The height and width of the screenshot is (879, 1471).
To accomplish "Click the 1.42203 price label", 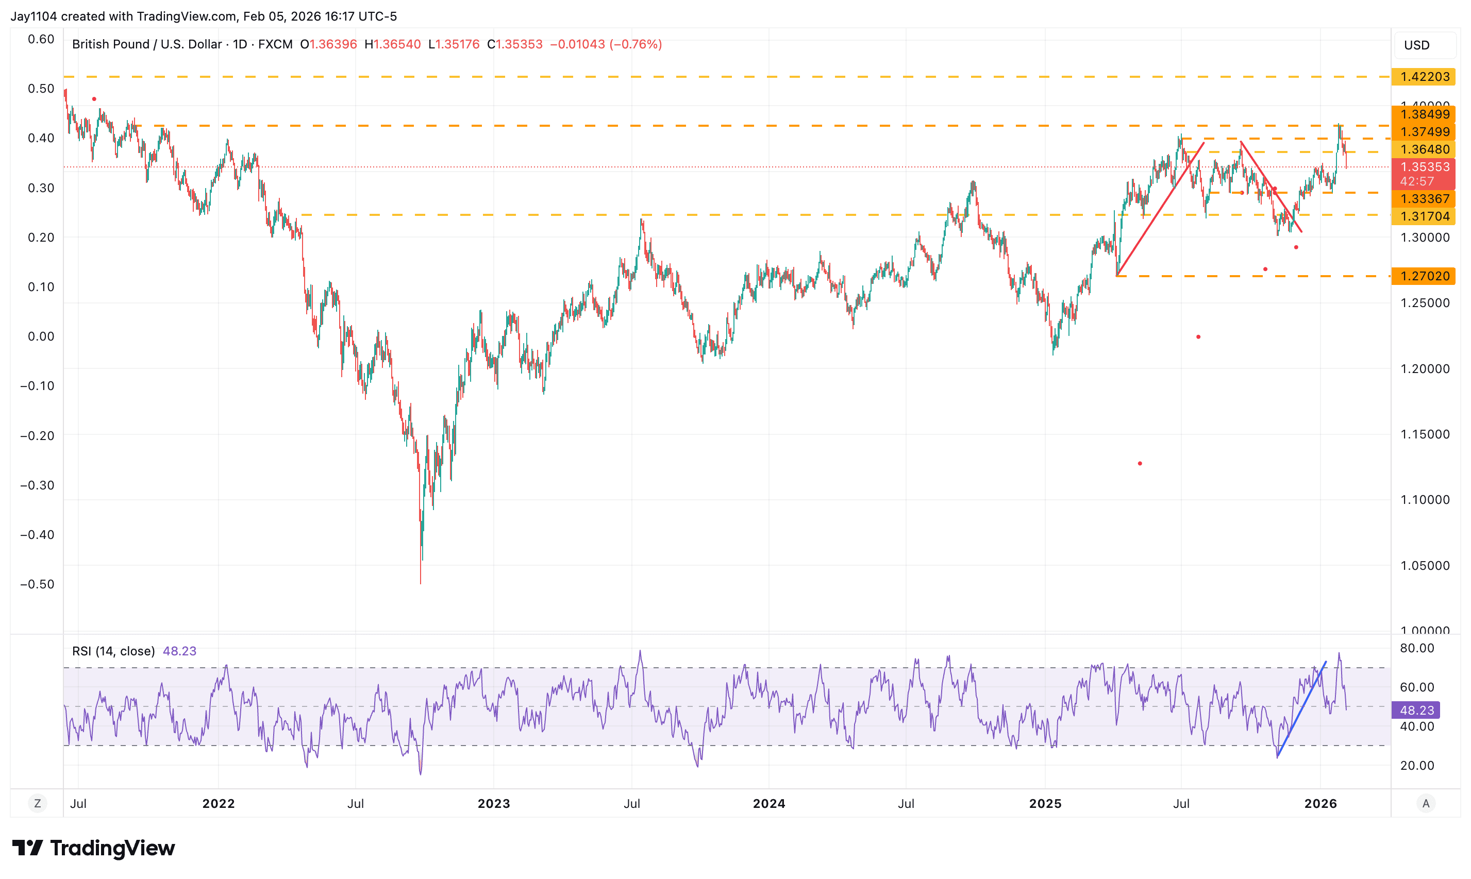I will click(x=1423, y=77).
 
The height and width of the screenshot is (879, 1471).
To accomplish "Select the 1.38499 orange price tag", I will click(x=1423, y=114).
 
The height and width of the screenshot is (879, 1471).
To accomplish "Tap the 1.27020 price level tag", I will click(x=1423, y=276).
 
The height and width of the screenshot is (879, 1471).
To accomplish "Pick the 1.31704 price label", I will click(x=1423, y=216).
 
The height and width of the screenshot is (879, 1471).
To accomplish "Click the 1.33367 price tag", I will click(x=1423, y=199).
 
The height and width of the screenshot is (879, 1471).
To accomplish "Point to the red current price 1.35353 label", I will click(x=1423, y=167).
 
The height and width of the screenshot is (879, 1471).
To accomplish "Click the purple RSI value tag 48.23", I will click(x=1416, y=710).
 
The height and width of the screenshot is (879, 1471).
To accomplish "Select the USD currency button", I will click(x=1416, y=45).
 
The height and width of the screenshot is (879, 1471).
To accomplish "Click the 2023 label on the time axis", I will click(x=493, y=804).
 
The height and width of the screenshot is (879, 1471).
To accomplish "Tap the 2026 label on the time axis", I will click(x=1320, y=804).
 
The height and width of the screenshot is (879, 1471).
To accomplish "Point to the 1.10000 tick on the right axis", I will click(x=1424, y=500).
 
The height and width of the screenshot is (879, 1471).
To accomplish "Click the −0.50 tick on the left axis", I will click(x=37, y=584).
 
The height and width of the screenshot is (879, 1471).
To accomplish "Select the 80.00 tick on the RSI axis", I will click(x=1416, y=648).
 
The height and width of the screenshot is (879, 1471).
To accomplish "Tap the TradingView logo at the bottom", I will click(x=94, y=848).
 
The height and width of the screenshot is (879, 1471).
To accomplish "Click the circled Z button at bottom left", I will click(x=37, y=804).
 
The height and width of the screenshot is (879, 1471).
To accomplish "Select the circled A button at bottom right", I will click(x=1426, y=804).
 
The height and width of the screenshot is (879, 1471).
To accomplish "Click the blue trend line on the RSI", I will click(x=1301, y=709).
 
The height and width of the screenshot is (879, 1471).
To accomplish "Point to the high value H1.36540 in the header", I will click(x=392, y=44).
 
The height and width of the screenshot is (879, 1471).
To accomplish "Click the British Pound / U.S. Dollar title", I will click(x=146, y=44).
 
